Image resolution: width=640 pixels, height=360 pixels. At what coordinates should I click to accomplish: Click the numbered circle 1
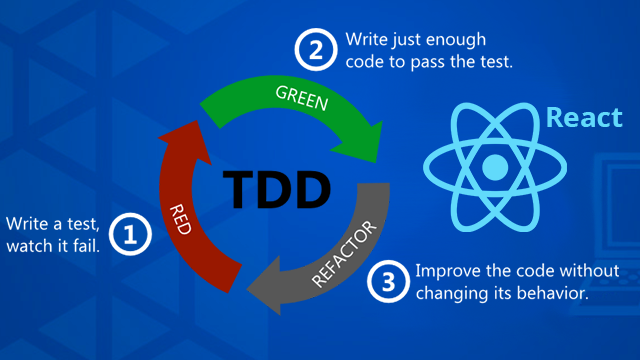[134, 234]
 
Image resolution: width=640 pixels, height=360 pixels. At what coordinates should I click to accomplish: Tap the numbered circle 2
[315, 50]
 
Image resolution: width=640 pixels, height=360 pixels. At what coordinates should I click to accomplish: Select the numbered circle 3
[389, 282]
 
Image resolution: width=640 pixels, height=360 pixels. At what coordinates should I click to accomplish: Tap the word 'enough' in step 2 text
[460, 39]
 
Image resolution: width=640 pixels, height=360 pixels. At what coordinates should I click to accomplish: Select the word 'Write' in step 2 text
[368, 39]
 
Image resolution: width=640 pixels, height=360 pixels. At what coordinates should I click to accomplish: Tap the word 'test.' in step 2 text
[493, 62]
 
